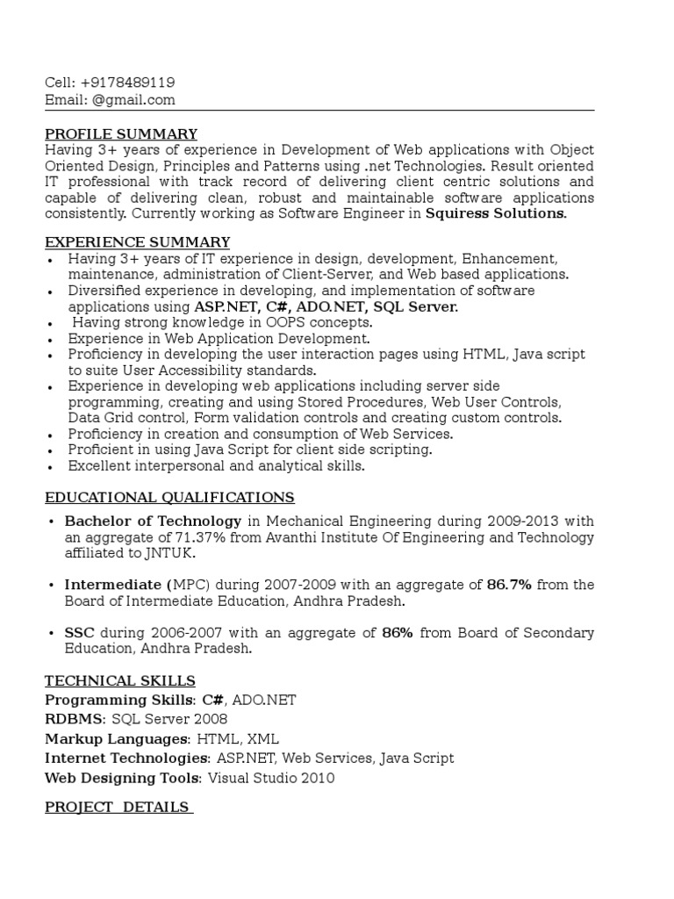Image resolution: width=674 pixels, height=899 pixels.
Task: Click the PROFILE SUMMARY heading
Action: (x=121, y=134)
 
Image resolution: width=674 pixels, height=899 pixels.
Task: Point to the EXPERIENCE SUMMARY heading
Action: (x=138, y=242)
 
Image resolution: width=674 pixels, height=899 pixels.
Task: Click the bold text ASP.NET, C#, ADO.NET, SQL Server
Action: (x=326, y=307)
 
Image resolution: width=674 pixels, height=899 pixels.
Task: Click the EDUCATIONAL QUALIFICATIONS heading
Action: (x=169, y=498)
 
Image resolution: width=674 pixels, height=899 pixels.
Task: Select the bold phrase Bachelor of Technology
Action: (x=153, y=521)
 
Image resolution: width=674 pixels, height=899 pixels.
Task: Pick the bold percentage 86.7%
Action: (x=509, y=586)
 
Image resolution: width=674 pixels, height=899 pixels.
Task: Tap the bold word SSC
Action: (x=80, y=633)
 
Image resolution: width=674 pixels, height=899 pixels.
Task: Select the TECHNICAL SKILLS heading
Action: (x=120, y=681)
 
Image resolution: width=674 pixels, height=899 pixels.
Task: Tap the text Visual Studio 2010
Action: (x=271, y=778)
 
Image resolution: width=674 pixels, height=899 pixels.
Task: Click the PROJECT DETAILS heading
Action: (x=118, y=807)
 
